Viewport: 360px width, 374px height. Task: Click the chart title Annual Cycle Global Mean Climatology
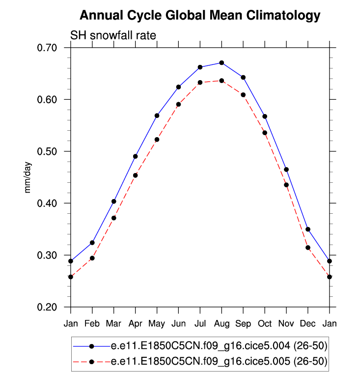tap(199, 16)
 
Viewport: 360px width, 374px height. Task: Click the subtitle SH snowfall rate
tap(113, 35)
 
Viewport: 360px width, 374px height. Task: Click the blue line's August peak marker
tap(222, 63)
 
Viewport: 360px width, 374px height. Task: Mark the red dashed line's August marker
tap(222, 81)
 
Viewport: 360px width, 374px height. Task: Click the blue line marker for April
tap(135, 156)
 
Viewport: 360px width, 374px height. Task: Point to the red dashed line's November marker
tap(286, 185)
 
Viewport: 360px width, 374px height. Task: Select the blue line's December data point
tap(308, 230)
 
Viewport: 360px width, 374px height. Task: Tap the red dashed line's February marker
tap(92, 258)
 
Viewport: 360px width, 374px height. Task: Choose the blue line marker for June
tap(178, 87)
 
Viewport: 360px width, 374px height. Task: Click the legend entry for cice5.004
tap(219, 346)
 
